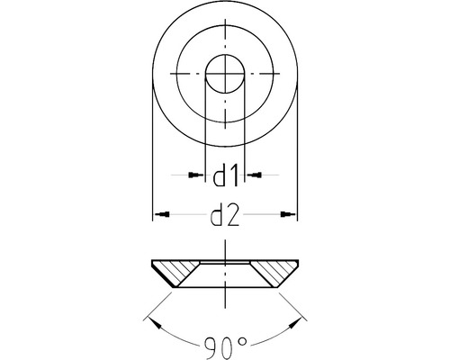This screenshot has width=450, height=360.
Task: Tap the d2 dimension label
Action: [224, 216]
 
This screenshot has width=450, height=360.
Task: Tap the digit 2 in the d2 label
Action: [233, 216]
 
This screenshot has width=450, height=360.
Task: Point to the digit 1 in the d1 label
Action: [232, 175]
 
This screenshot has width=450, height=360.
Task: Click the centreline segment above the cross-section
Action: [224, 250]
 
